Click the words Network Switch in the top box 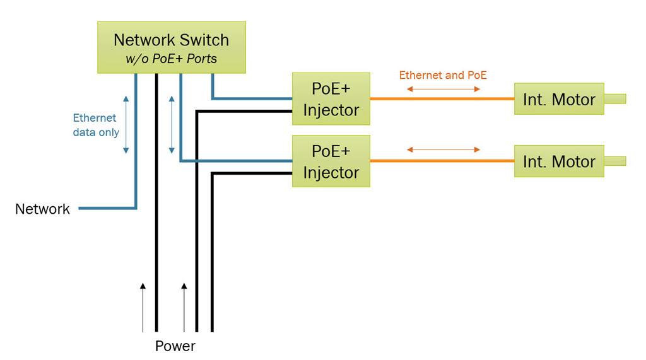pos(171,40)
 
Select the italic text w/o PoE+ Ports pos(171,59)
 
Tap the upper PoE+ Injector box pos(331,99)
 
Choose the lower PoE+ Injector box pos(331,161)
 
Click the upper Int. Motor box pos(559,99)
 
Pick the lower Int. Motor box pos(559,161)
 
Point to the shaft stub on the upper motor pos(615,98)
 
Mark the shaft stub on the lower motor pos(615,161)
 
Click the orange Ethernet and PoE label pos(443,75)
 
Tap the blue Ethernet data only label pos(95,125)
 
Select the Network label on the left pos(42,209)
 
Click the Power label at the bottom pos(175,346)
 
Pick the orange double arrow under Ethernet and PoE pos(443,89)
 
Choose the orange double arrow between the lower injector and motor pos(443,149)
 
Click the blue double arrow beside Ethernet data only pos(126,125)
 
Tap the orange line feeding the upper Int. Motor pos(442,99)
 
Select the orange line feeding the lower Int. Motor pos(442,161)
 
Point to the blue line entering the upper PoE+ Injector pos(252,98)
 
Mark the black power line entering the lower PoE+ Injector pos(252,174)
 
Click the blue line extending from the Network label pos(107,208)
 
